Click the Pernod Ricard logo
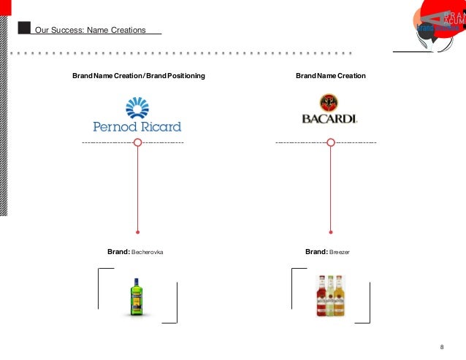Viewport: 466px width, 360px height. (x=137, y=116)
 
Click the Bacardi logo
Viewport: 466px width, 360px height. (x=330, y=112)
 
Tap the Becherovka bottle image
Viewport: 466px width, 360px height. (x=137, y=296)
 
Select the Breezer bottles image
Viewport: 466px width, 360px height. (x=330, y=296)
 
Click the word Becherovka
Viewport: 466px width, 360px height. (x=147, y=252)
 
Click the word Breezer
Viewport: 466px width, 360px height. (x=340, y=252)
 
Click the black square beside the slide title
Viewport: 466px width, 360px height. (x=24, y=28)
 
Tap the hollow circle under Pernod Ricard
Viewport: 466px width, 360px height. (x=137, y=142)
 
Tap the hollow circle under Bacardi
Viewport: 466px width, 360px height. (x=331, y=142)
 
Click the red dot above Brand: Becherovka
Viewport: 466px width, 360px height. (x=137, y=228)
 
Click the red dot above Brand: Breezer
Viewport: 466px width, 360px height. (x=331, y=228)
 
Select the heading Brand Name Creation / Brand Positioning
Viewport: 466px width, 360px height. (x=138, y=76)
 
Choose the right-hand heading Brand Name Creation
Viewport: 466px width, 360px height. (x=330, y=76)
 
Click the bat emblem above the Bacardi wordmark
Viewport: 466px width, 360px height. (x=330, y=102)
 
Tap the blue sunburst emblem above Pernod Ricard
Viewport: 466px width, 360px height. (x=137, y=108)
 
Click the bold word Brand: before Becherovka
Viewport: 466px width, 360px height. (x=118, y=252)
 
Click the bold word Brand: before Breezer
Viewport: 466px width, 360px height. (x=316, y=252)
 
